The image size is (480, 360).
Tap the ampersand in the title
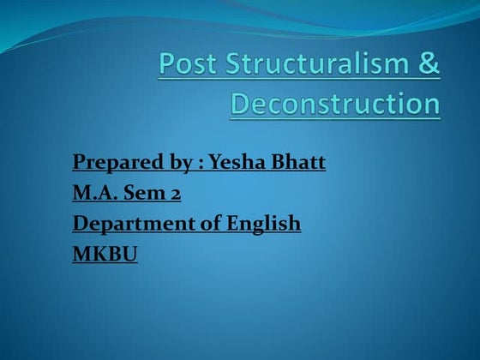click(429, 66)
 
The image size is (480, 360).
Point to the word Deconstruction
click(336, 104)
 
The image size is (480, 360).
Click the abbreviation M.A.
click(95, 193)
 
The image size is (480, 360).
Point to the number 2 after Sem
click(174, 194)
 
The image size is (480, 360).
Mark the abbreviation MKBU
click(105, 254)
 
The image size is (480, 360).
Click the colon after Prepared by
click(193, 164)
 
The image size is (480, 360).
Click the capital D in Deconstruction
click(242, 104)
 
